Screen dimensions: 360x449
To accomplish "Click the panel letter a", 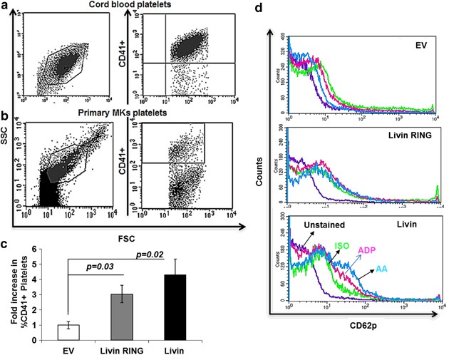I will [5, 7].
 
